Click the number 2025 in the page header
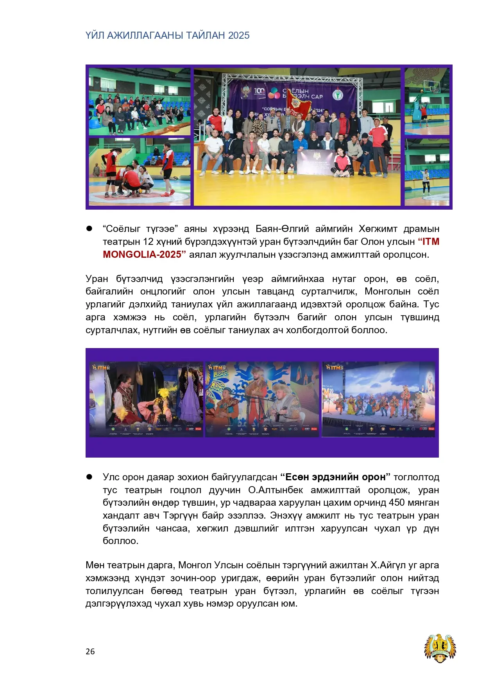(239, 36)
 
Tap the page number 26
(90, 651)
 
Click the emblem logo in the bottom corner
(440, 648)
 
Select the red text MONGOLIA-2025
(142, 255)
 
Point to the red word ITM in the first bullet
(431, 242)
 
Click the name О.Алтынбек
(276, 490)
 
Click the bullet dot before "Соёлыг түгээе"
(89, 228)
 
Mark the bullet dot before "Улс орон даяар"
(89, 477)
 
